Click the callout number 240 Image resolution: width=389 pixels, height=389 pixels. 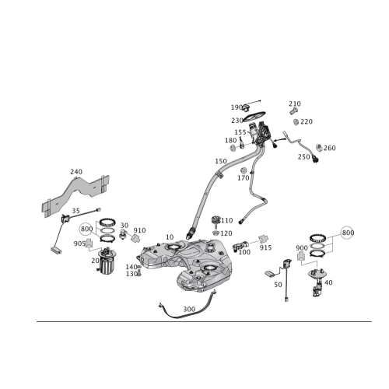pyautogui.click(x=76, y=172)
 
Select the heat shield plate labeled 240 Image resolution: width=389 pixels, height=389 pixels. pyautogui.click(x=75, y=195)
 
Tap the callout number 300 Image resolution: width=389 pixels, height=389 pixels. pyautogui.click(x=189, y=309)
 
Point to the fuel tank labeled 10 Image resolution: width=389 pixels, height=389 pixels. pyautogui.click(x=185, y=265)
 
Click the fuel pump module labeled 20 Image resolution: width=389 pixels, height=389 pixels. pyautogui.click(x=107, y=261)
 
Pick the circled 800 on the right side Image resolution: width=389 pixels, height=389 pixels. pyautogui.click(x=348, y=233)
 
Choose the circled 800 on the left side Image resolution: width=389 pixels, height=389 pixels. pyautogui.click(x=86, y=229)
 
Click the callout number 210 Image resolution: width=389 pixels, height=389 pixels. pyautogui.click(x=295, y=103)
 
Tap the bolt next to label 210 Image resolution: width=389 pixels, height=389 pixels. pyautogui.click(x=293, y=111)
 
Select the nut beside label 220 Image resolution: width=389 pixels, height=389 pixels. pyautogui.click(x=296, y=121)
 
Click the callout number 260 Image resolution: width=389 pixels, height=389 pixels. pyautogui.click(x=330, y=148)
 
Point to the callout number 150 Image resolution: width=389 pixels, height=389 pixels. pyautogui.click(x=221, y=161)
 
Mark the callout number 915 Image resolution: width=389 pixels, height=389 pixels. pyautogui.click(x=266, y=247)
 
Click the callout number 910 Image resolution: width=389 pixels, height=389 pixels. pyautogui.click(x=139, y=230)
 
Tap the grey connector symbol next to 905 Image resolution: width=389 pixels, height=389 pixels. pyautogui.click(x=89, y=242)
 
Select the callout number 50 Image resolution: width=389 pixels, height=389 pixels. pyautogui.click(x=278, y=285)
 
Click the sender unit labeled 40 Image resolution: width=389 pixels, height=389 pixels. pyautogui.click(x=317, y=282)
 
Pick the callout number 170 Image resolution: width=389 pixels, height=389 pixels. pyautogui.click(x=244, y=178)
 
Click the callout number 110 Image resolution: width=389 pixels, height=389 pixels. pyautogui.click(x=226, y=220)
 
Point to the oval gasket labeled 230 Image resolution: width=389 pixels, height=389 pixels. pyautogui.click(x=254, y=116)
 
